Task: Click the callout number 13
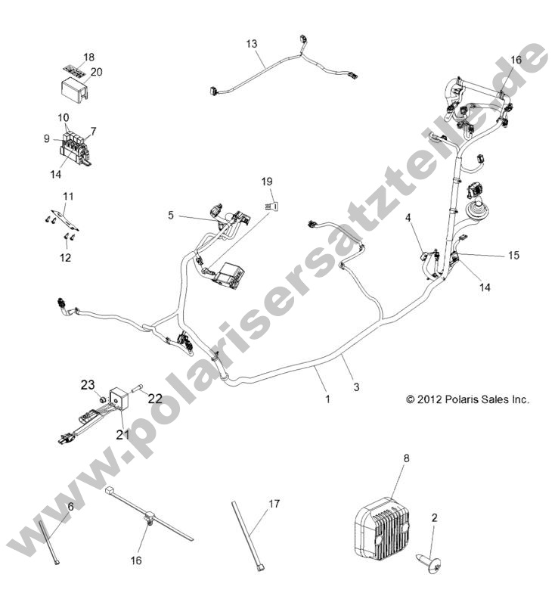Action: point(252,43)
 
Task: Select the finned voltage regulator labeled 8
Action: point(386,522)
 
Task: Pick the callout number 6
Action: point(71,507)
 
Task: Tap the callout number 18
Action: point(88,57)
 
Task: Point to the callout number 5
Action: point(171,216)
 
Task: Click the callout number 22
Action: point(155,399)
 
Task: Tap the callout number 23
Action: point(88,385)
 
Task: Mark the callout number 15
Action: point(513,256)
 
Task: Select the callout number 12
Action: point(66,258)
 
